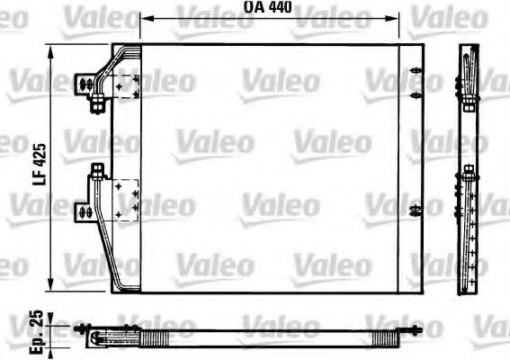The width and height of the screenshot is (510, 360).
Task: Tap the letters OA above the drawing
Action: pyautogui.click(x=253, y=8)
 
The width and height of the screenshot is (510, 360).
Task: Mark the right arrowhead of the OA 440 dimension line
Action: pyautogui.click(x=396, y=18)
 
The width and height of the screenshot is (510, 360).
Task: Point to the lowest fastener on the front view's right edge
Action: pyautogui.click(x=414, y=211)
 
